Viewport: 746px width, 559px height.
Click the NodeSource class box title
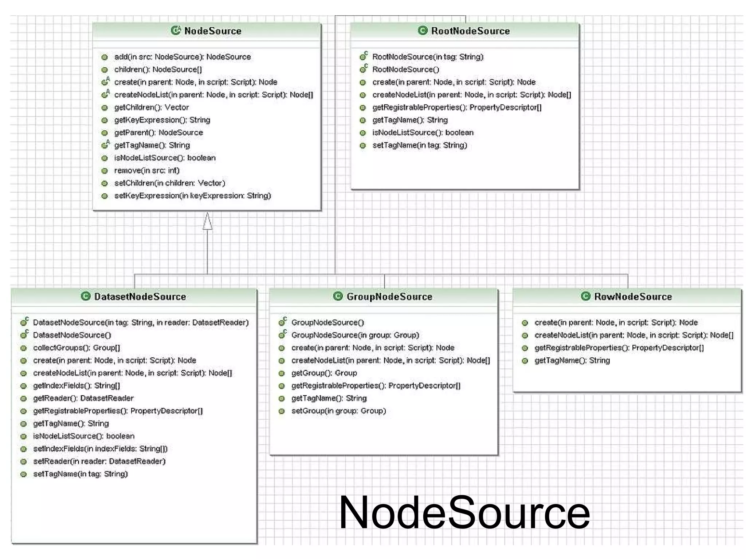click(213, 31)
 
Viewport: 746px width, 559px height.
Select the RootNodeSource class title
click(470, 31)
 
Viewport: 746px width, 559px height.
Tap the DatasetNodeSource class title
click(140, 297)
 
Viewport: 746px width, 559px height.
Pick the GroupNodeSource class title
click(389, 297)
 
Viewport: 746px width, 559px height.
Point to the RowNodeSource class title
click(633, 297)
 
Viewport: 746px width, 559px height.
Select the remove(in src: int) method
click(146, 170)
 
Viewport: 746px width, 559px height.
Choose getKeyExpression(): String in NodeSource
click(162, 120)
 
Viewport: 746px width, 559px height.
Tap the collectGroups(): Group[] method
click(76, 348)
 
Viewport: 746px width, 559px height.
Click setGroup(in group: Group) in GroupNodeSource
click(338, 411)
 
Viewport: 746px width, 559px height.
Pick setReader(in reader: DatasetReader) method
click(99, 461)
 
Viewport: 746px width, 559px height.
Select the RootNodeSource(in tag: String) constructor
click(428, 57)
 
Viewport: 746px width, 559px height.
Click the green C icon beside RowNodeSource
click(585, 296)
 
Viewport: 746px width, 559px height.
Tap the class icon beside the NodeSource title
click(176, 31)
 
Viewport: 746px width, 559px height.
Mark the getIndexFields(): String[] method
click(76, 385)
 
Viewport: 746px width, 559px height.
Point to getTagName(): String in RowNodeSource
click(572, 360)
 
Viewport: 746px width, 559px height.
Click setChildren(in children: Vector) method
click(169, 183)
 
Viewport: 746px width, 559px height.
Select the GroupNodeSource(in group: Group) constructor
click(355, 335)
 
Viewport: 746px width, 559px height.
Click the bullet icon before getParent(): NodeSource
click(105, 133)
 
